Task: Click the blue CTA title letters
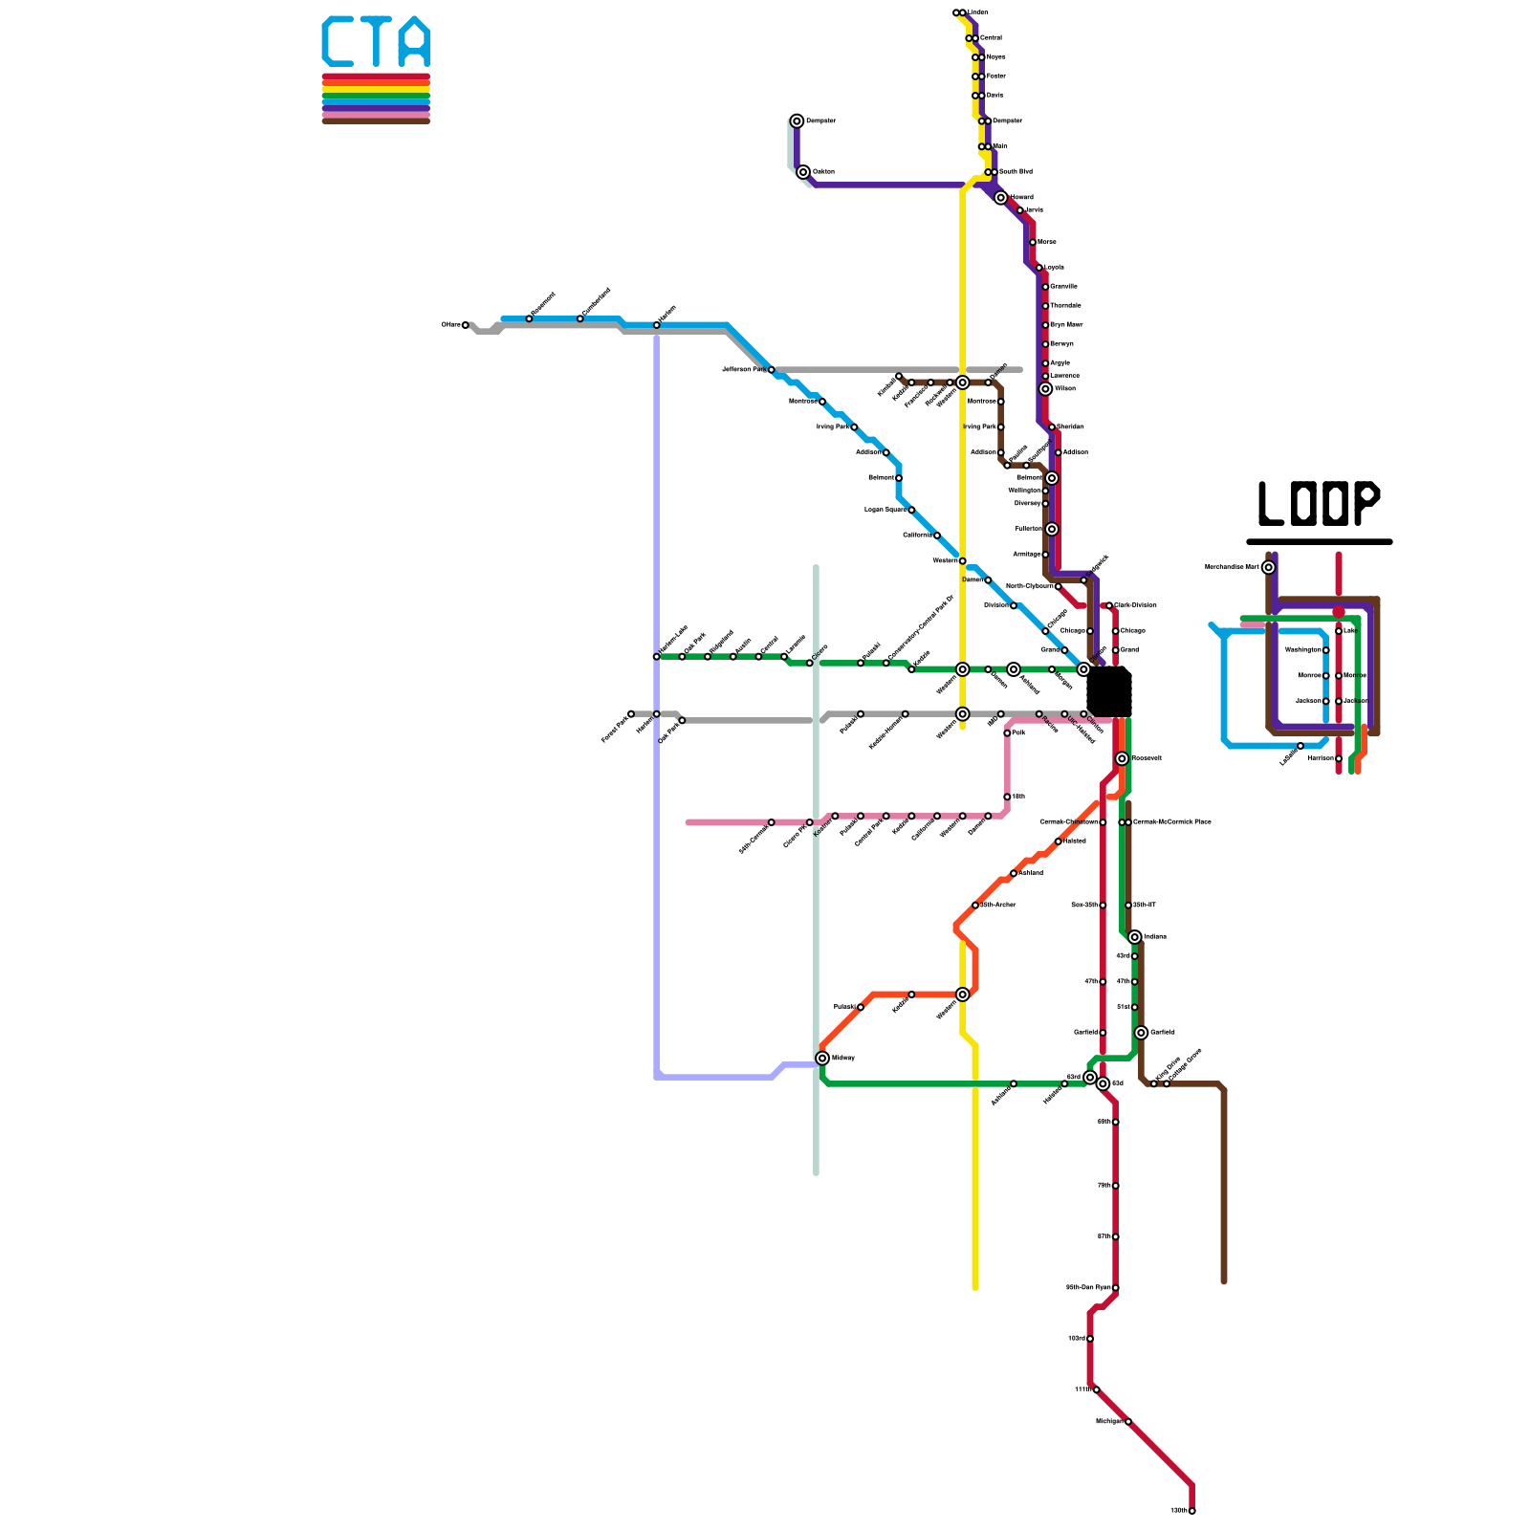(376, 42)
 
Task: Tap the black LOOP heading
(1319, 504)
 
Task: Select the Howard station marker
(1000, 198)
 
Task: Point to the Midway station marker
(822, 1058)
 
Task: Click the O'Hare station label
(450, 325)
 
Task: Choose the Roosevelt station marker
(1122, 758)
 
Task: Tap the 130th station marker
(1191, 1511)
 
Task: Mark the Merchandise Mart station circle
(1268, 567)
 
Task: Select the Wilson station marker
(1045, 389)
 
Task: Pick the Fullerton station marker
(1052, 529)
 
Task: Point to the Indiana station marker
(1134, 937)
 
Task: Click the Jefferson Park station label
(743, 369)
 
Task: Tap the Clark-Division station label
(1136, 605)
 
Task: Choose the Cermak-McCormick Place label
(1171, 822)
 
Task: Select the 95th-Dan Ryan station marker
(1115, 1288)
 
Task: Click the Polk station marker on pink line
(1007, 733)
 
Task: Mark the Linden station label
(978, 12)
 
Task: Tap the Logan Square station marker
(911, 510)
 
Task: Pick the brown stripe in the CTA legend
(376, 120)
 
